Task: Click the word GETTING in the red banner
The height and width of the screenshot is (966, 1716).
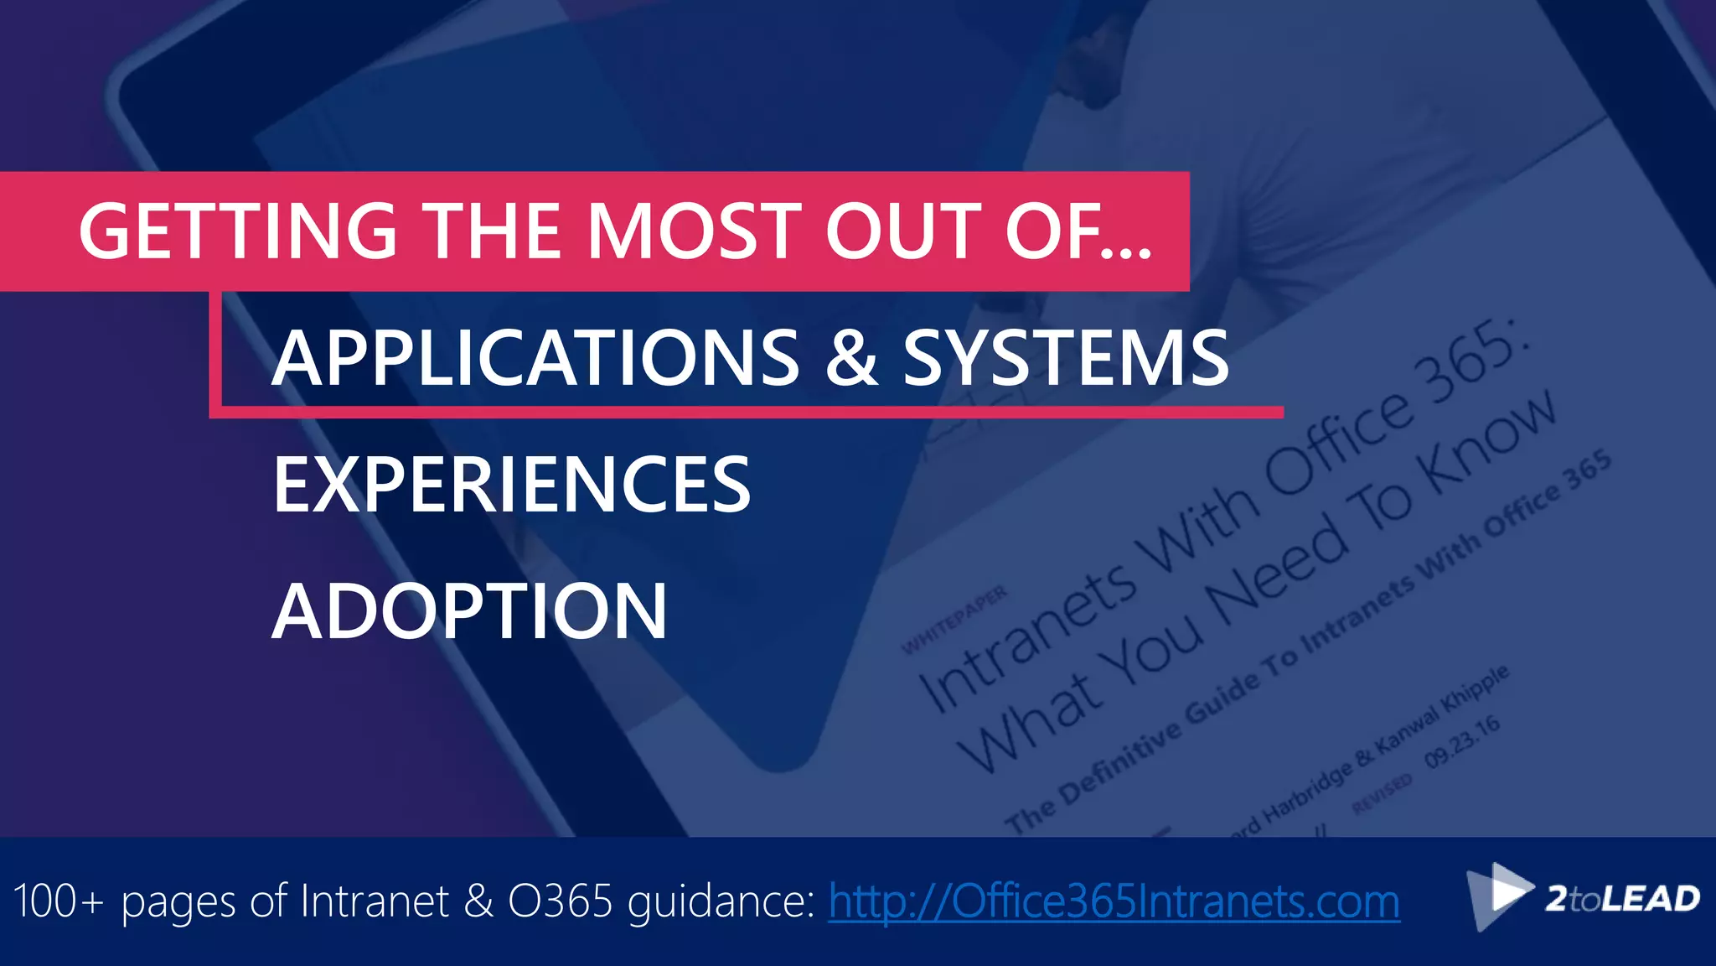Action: tap(237, 231)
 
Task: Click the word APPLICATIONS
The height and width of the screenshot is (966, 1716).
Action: tap(535, 358)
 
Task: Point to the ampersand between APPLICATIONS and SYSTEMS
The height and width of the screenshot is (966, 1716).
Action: tap(851, 358)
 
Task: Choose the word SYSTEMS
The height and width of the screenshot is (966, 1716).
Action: tap(1066, 358)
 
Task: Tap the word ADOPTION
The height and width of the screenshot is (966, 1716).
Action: tap(469, 611)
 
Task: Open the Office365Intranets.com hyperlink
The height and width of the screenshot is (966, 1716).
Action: tap(1114, 901)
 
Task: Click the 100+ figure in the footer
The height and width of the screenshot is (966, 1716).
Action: tap(59, 901)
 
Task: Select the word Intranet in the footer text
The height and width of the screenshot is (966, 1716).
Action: tap(375, 901)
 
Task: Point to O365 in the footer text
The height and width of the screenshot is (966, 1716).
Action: tap(561, 901)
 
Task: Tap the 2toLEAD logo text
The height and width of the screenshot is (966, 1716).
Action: tap(1622, 899)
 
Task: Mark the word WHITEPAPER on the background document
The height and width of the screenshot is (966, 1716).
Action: tap(954, 621)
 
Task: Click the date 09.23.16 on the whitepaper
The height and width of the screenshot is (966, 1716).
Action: tap(1462, 741)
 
